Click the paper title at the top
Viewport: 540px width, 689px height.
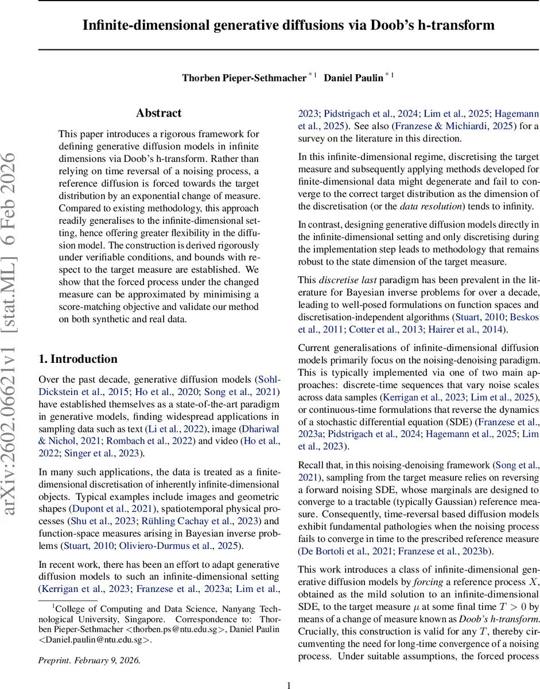pos(289,25)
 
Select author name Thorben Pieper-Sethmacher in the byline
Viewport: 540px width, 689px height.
pos(244,78)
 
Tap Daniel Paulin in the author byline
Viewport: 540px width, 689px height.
pos(353,78)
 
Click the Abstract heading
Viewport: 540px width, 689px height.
pos(158,113)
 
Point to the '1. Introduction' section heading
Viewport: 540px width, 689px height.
pos(77,359)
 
